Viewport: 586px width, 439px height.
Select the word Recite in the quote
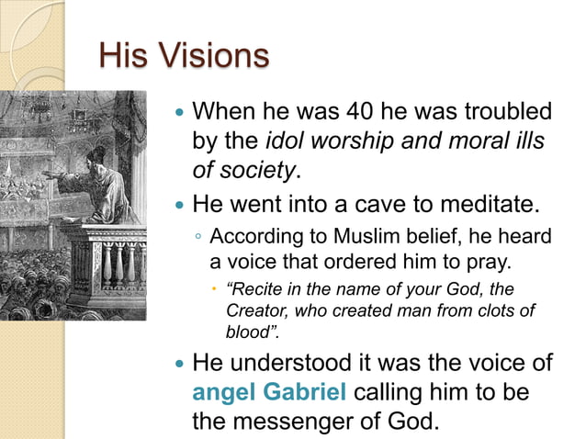(x=261, y=290)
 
